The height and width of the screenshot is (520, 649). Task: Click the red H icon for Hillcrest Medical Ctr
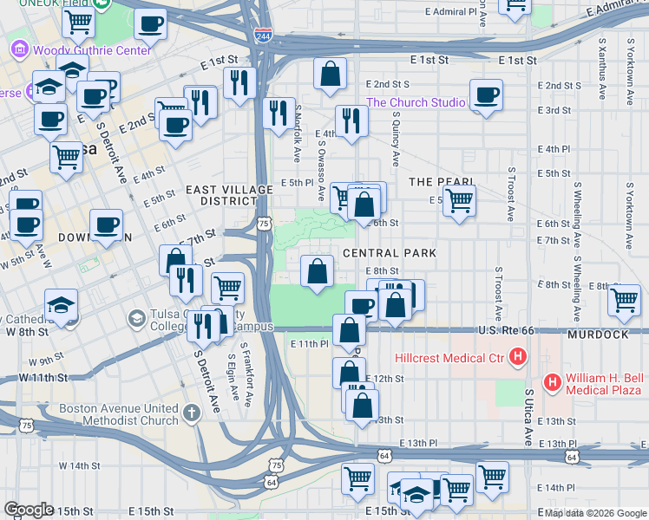[518, 356]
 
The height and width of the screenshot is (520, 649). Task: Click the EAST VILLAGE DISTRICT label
[217, 195]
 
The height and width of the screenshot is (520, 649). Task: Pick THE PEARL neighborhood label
[441, 181]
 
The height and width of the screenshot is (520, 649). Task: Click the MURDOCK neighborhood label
[599, 334]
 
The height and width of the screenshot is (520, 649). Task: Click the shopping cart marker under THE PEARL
[459, 200]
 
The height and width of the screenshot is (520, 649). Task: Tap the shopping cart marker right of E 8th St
[624, 300]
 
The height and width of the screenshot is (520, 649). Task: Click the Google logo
[29, 510]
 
